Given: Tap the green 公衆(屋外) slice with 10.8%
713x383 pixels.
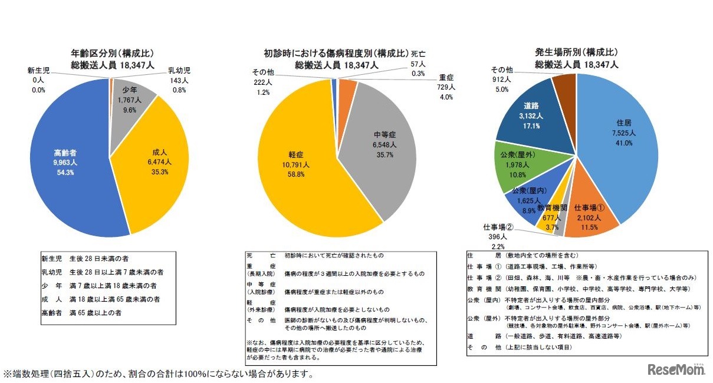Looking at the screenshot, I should (516, 168).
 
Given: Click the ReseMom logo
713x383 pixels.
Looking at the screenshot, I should (676, 369).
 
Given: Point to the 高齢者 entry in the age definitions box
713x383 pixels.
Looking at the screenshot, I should (52, 313).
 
